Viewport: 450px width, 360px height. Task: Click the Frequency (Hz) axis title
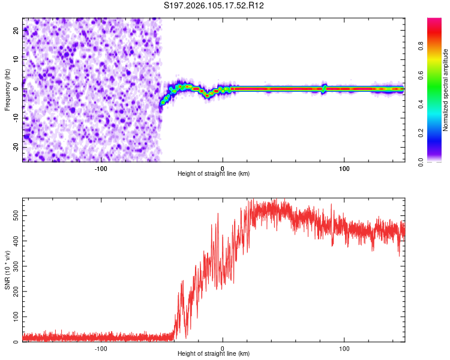pyautogui.click(x=7, y=89)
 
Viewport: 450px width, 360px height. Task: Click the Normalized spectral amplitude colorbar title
pyautogui.click(x=446, y=90)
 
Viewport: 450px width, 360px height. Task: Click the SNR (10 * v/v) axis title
pyautogui.click(x=7, y=270)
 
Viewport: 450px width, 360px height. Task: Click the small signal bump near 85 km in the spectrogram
pyautogui.click(x=325, y=88)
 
